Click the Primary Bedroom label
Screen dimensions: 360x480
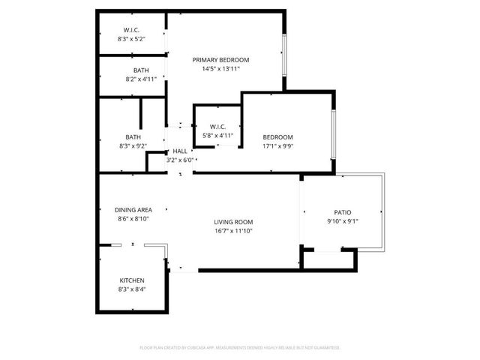point(220,60)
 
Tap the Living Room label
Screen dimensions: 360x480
point(233,222)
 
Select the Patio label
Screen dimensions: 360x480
point(343,212)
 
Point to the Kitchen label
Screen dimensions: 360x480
point(131,279)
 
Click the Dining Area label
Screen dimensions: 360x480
point(133,209)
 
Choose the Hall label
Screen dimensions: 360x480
point(180,151)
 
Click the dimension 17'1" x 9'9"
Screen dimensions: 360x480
point(277,146)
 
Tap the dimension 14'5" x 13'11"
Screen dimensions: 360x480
point(220,69)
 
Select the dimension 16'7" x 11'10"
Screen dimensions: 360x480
point(233,231)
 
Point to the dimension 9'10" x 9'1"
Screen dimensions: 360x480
point(343,221)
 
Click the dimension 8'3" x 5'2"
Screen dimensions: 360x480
point(130,38)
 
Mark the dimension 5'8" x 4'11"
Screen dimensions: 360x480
point(218,136)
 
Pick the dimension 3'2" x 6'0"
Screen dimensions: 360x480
point(180,160)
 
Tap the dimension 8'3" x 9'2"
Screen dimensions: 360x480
point(133,146)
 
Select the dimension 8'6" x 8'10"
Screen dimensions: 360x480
point(133,218)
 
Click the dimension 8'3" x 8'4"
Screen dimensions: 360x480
point(131,289)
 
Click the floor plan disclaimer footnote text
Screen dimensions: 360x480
point(240,348)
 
